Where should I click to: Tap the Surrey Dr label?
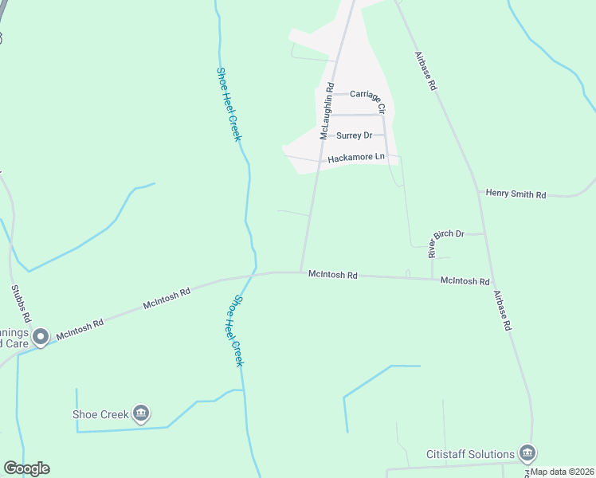[x=354, y=135]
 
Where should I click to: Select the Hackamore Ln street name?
[x=356, y=158]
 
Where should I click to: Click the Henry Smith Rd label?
[x=516, y=194]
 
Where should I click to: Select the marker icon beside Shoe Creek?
[x=141, y=413]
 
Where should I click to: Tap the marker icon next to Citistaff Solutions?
[x=527, y=453]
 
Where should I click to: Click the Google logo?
[x=26, y=468]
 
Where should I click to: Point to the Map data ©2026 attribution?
[x=561, y=472]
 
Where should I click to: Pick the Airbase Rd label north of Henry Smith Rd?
[x=426, y=69]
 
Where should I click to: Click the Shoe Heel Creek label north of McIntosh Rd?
[x=229, y=104]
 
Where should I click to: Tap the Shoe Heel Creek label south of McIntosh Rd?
[x=237, y=331]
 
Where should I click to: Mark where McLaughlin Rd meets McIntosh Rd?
[x=300, y=272]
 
